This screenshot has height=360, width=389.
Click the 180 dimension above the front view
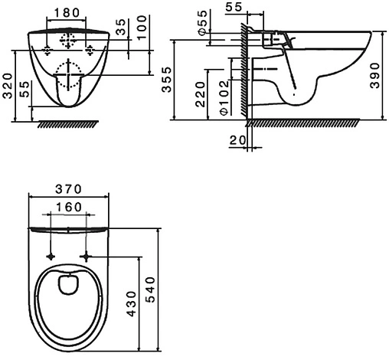(68, 12)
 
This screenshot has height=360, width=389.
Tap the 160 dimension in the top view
(70, 207)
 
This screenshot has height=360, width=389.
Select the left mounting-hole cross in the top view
(51, 254)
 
